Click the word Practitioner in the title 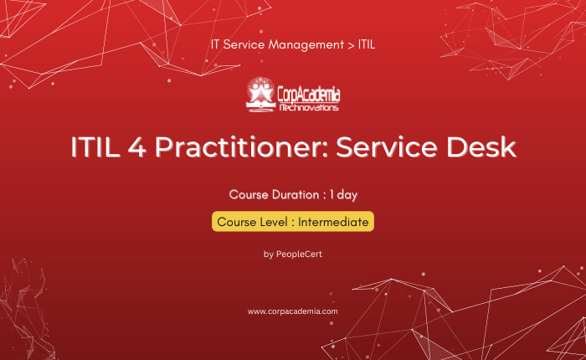tap(241, 147)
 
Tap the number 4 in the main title tap(136, 147)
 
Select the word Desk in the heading tap(481, 147)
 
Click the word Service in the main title tap(387, 147)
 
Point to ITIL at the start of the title tap(95, 147)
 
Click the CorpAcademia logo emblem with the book tap(260, 95)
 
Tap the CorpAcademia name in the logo tap(309, 95)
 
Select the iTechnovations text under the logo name tap(309, 108)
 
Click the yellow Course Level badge tap(293, 221)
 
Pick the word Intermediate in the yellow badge tap(333, 222)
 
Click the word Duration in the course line tap(296, 194)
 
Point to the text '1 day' tap(343, 195)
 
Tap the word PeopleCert tap(299, 255)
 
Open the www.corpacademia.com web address tap(293, 311)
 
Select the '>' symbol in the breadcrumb tap(351, 45)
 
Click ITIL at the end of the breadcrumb tap(367, 44)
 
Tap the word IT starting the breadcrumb tap(215, 44)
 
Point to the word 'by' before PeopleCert tap(269, 255)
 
